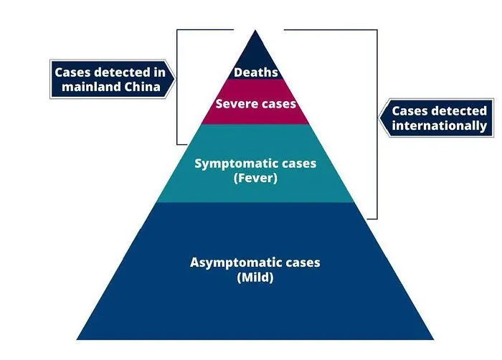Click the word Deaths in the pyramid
click(255, 73)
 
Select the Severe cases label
click(255, 104)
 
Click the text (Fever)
click(255, 179)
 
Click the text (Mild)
click(255, 278)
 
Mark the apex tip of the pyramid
click(255, 30)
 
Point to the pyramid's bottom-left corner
click(77, 339)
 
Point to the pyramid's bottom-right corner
click(434, 339)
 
